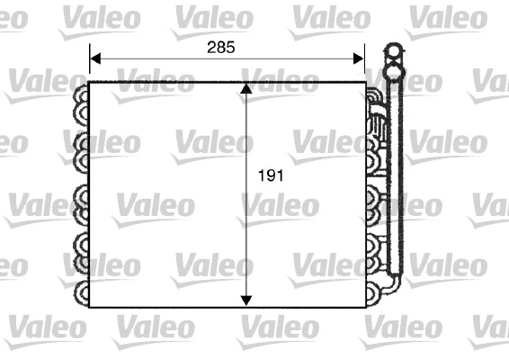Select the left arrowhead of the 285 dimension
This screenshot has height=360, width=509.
point(94,60)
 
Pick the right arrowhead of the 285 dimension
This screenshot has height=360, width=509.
point(360,60)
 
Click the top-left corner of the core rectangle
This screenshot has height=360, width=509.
point(90,83)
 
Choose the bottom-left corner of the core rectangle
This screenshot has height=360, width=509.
point(90,307)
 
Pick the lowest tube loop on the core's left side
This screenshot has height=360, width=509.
point(81,292)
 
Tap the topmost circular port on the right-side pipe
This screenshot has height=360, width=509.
point(392,50)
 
